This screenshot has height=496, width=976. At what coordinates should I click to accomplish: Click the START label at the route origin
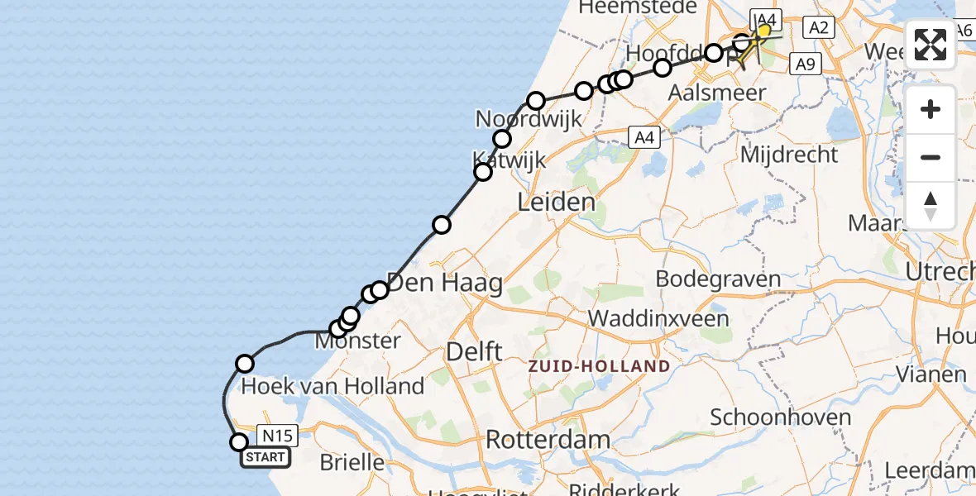tap(265, 457)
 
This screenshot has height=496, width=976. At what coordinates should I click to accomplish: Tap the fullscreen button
tap(931, 45)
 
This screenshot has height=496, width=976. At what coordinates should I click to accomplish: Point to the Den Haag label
tap(444, 284)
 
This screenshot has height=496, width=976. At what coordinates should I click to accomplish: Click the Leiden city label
tap(556, 203)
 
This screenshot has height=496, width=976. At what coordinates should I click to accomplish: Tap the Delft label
tap(474, 351)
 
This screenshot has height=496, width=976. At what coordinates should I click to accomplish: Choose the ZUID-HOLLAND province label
tap(600, 365)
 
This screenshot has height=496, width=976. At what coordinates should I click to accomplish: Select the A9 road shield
tap(806, 64)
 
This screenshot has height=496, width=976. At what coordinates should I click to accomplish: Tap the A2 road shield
tap(818, 28)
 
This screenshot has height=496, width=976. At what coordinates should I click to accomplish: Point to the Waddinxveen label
tap(658, 319)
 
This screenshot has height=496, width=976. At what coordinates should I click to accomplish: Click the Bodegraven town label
tap(719, 279)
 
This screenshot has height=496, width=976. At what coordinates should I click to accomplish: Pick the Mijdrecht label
tap(790, 155)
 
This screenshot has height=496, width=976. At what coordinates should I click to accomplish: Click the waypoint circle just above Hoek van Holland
tap(245, 364)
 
